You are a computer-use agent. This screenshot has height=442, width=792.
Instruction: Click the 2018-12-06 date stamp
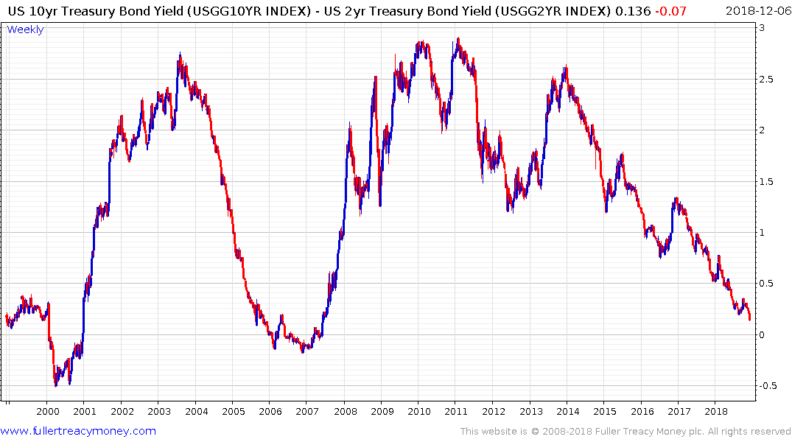click(x=757, y=10)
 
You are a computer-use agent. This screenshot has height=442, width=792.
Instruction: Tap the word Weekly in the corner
click(x=25, y=29)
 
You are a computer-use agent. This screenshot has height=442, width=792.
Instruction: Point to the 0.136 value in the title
click(x=660, y=10)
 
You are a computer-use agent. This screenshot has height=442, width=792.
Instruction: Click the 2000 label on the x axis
click(x=47, y=412)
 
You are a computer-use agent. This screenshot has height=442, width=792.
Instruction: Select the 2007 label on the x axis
click(x=308, y=412)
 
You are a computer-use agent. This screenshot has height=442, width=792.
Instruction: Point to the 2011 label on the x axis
click(x=457, y=412)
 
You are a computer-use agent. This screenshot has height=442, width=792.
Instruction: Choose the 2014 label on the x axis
click(x=568, y=412)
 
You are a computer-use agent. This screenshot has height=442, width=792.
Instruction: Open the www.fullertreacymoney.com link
click(x=78, y=431)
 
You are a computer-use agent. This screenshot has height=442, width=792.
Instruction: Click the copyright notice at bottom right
click(x=625, y=431)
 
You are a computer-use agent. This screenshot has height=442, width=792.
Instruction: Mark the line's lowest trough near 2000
click(x=55, y=385)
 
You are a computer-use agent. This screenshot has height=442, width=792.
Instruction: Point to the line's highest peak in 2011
click(x=458, y=38)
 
